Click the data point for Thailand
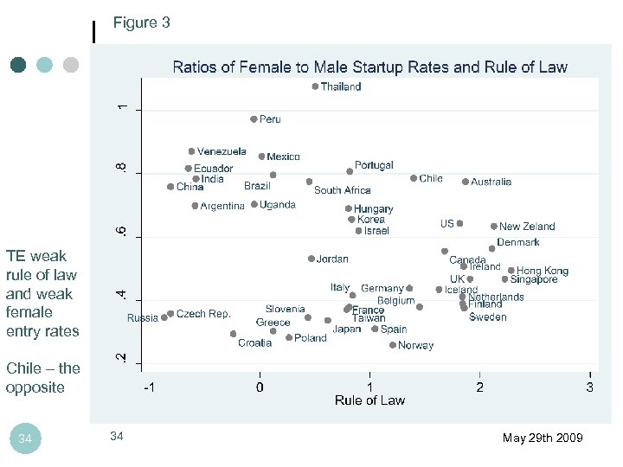coord(315,86)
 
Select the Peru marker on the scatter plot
coord(254,119)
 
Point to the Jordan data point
coord(311,259)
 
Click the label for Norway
coord(416,346)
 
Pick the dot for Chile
coord(414,178)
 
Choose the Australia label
coord(491,182)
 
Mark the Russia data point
coord(164,318)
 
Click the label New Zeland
coord(527,227)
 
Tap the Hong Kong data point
coord(511,271)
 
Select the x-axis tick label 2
coord(480,387)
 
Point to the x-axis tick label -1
coord(149,387)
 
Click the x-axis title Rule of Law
coord(369,400)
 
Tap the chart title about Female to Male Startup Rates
coord(370,67)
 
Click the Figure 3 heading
coord(142,23)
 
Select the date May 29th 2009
coord(543,438)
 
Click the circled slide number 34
coord(25,439)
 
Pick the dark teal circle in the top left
coord(19,65)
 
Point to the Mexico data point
coord(262,157)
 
